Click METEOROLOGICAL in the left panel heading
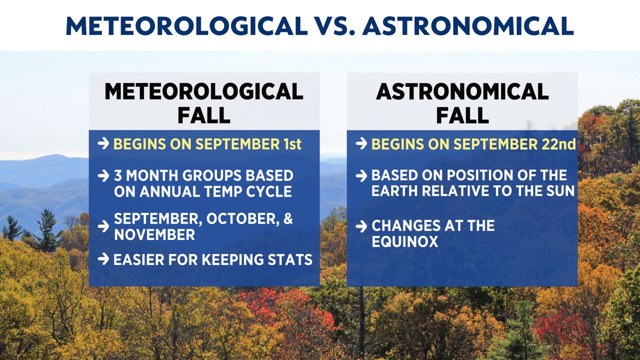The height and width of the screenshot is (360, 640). tap(204, 91)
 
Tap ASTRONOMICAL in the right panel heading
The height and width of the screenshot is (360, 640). tap(462, 91)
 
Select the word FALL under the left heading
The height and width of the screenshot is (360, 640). tap(204, 115)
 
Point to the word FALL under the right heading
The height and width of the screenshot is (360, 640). tap(462, 115)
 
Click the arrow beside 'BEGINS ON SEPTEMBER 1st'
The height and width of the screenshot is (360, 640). tap(103, 143)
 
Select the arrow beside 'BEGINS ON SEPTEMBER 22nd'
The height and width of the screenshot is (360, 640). tap(361, 143)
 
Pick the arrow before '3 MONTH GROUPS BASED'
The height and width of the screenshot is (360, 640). tap(103, 175)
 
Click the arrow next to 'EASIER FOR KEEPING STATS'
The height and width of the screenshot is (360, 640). tap(103, 259)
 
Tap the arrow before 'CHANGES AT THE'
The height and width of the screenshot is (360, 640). tap(361, 226)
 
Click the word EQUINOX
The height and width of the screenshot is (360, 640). tap(405, 241)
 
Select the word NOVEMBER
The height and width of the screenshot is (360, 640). tap(154, 235)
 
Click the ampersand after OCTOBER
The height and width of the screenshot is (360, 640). tap(288, 218)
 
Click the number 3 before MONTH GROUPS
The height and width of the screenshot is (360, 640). tap(117, 175)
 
